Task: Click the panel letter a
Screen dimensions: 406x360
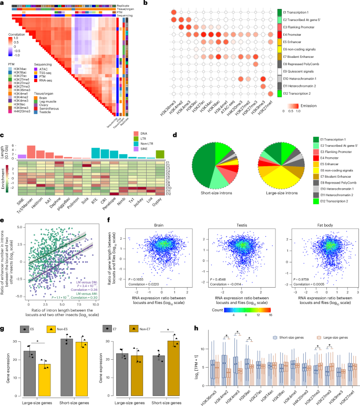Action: pos(3,3)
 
